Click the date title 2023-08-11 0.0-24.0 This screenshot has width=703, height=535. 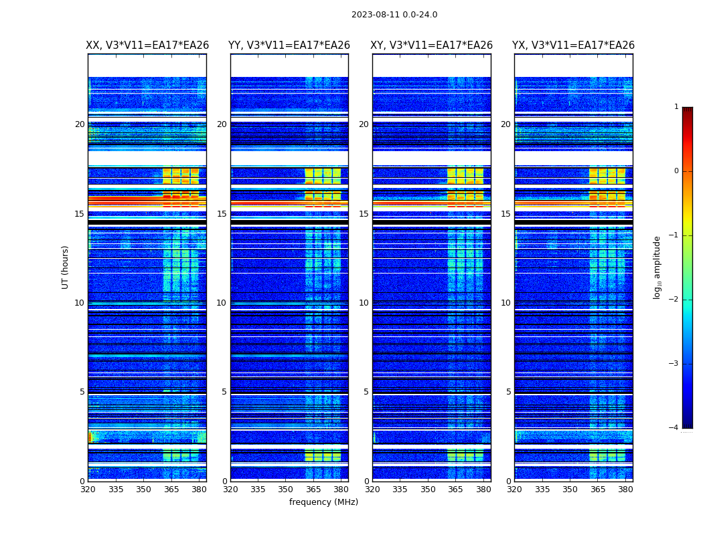tap(394, 15)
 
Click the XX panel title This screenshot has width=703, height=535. tap(147, 45)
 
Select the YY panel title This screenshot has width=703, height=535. tap(289, 45)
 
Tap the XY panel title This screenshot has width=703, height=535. tap(432, 45)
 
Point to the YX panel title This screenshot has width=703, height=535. tap(573, 45)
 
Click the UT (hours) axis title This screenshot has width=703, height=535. tap(66, 267)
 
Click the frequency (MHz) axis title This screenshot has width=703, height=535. tap(323, 502)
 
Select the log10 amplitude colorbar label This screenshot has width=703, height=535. tap(657, 267)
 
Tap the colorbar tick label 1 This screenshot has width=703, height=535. tap(676, 107)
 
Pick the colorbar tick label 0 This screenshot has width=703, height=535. tap(676, 171)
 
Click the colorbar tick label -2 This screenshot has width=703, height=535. tap(675, 300)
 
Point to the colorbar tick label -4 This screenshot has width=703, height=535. tap(675, 428)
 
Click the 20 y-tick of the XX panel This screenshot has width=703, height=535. tap(80, 124)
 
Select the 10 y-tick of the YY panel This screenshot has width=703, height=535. tap(222, 303)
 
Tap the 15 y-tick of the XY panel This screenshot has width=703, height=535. tap(364, 214)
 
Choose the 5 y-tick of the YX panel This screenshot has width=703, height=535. tap(509, 392)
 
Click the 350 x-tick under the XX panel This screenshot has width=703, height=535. tap(143, 490)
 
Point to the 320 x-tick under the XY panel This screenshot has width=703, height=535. tap(373, 490)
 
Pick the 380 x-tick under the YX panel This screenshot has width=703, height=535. tap(625, 490)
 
